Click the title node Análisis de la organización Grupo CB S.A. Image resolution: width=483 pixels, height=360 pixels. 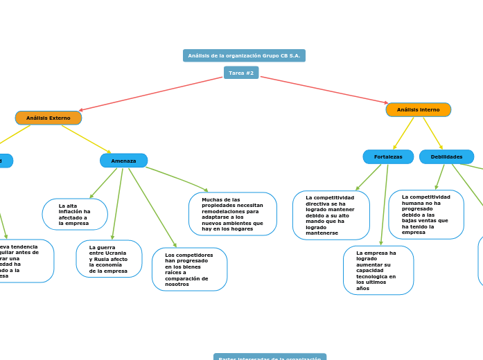pos(244,55)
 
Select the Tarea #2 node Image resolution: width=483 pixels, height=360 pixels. pos(241,73)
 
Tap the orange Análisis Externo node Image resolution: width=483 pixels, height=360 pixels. pos(49,118)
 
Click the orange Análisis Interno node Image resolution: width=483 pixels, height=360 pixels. pos(418,109)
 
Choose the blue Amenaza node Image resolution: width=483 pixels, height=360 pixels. pos(123,161)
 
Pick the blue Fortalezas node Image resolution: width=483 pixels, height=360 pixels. pos(388,157)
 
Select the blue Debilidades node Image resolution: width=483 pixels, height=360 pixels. pos(446,157)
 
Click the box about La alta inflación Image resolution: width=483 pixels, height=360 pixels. pos(75,215)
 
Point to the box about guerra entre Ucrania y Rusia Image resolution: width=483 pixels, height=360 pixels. pos(109,259)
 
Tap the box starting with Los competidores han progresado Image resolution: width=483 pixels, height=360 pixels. pos(189,269)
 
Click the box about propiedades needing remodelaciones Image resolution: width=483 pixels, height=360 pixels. pos(232,214)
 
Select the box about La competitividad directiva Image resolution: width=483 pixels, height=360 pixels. pos(331,215)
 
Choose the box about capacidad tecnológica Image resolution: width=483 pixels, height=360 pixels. pos(378,270)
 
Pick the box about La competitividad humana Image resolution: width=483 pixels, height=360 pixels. pos(425,215)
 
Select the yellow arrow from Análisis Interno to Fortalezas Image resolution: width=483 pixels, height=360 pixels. pos(404,133)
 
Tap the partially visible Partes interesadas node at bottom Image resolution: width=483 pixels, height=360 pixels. pos(270,357)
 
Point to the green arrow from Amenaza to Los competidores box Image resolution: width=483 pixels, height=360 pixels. pos(152,207)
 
